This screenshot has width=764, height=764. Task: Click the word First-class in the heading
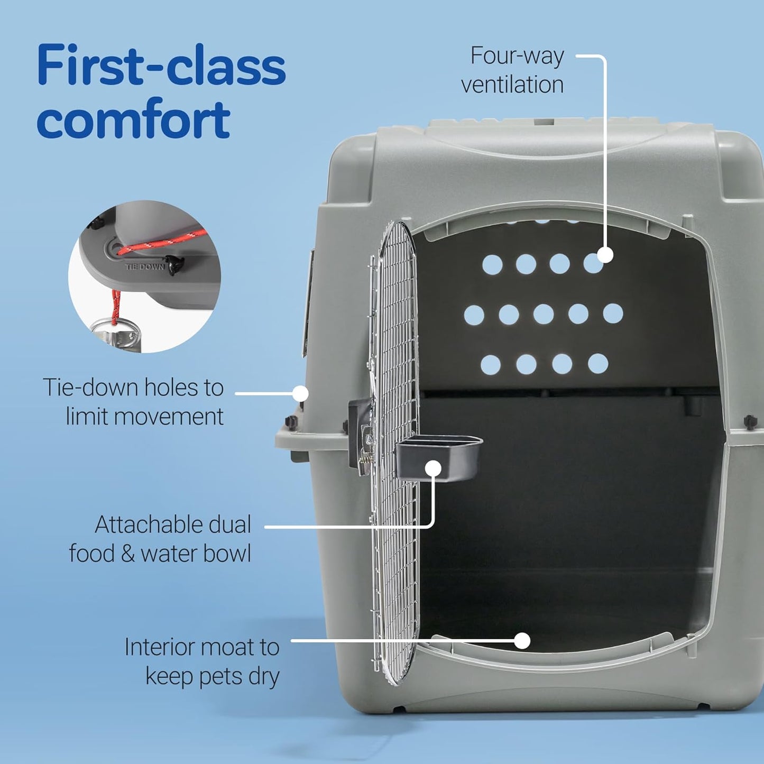(x=161, y=66)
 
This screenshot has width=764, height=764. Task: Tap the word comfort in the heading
(x=133, y=119)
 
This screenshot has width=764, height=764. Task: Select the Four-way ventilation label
(x=512, y=70)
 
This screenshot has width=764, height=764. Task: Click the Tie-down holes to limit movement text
(x=133, y=402)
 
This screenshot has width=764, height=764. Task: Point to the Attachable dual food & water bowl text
(x=160, y=539)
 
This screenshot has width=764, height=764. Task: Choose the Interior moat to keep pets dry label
(x=202, y=661)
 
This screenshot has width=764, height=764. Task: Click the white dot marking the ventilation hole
(x=605, y=255)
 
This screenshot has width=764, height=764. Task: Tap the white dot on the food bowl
(x=433, y=468)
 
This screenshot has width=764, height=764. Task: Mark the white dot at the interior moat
(x=522, y=640)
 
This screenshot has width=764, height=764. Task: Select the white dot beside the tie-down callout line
(x=300, y=393)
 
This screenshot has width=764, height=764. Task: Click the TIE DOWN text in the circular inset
(x=144, y=267)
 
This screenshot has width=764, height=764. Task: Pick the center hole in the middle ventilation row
(x=543, y=314)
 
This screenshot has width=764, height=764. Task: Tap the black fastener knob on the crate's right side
(x=750, y=421)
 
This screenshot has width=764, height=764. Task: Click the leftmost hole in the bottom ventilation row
(x=491, y=364)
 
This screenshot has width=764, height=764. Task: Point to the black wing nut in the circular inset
(x=173, y=263)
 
